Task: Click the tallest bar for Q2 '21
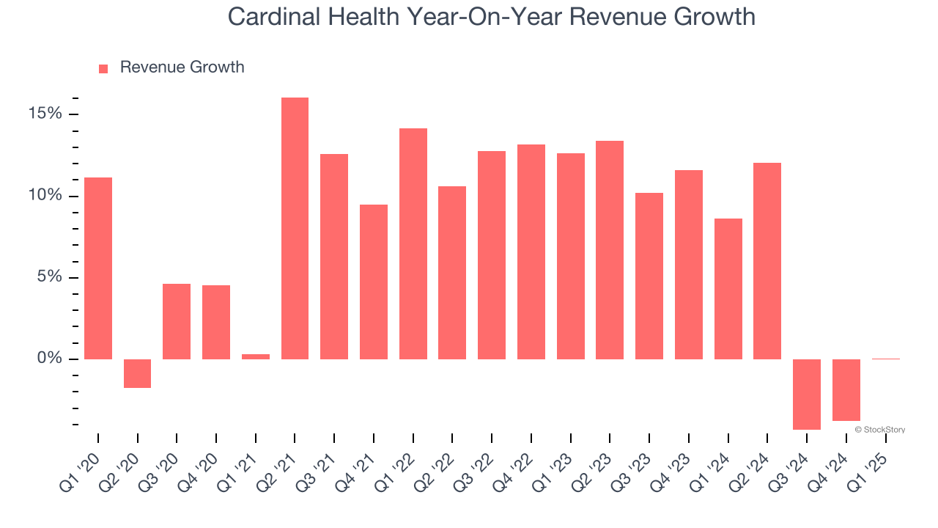coord(295,228)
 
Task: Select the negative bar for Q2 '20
coord(137,373)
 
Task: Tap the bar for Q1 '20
coord(98,268)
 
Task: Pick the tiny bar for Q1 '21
coord(256,356)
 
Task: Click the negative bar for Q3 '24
coord(807,394)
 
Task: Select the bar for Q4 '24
coord(846,389)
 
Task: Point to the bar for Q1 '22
coord(413,243)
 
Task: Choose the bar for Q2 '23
coord(610,250)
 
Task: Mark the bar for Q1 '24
coord(728,289)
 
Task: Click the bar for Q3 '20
coord(177,321)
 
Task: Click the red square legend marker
coord(103,69)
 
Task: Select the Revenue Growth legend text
coord(182,67)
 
